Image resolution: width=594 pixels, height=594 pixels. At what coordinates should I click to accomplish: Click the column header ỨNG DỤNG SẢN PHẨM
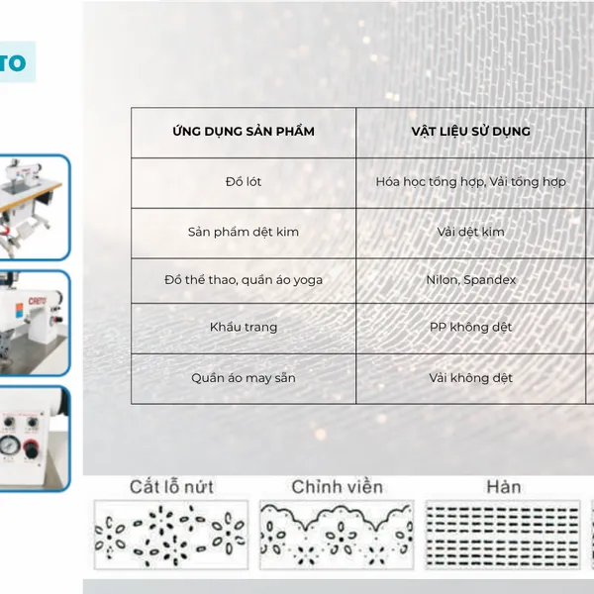[244, 131]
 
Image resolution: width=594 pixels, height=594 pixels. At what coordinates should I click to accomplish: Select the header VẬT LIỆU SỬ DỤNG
[470, 131]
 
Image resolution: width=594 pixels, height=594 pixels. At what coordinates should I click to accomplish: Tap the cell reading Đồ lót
[244, 181]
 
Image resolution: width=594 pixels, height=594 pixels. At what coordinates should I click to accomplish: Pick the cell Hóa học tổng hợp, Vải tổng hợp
[470, 182]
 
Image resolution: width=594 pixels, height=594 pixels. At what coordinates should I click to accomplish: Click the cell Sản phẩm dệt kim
[244, 232]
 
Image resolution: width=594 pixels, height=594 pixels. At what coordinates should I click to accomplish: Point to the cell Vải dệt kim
[470, 232]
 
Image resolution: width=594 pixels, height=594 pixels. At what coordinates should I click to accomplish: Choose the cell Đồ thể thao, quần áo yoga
[244, 280]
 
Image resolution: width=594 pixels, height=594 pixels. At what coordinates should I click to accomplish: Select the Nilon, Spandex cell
[470, 280]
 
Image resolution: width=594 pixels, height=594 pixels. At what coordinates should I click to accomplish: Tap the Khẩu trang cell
[244, 327]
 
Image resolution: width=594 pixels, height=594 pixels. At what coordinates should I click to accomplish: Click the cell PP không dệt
[470, 327]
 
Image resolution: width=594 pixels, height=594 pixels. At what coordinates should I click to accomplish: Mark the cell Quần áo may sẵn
[244, 378]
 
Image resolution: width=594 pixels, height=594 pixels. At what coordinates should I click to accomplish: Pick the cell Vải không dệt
[470, 378]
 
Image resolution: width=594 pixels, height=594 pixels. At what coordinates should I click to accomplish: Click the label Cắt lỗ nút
[171, 487]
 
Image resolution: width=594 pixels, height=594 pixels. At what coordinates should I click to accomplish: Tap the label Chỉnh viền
[338, 487]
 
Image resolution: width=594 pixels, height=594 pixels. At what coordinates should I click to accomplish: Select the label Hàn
[504, 487]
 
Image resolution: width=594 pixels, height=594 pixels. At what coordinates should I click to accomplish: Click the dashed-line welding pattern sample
[502, 535]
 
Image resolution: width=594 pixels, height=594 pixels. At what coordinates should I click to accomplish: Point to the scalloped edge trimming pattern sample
[337, 535]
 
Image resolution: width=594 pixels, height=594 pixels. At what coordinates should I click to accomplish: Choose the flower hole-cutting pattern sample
[171, 535]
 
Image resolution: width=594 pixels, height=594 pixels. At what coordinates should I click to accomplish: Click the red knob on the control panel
[32, 448]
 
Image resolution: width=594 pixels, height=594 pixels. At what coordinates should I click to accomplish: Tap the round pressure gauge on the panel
[9, 445]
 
